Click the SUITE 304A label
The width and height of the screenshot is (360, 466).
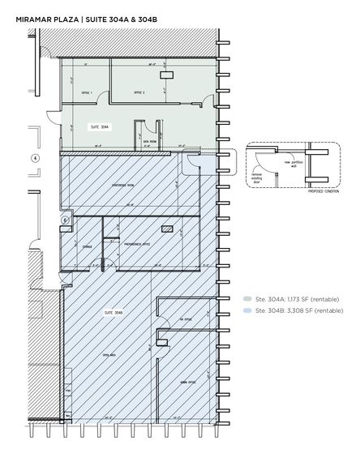tap(99, 127)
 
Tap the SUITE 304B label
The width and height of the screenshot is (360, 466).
tap(108, 311)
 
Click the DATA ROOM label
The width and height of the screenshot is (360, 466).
tap(150, 140)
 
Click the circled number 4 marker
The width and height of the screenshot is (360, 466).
tap(34, 157)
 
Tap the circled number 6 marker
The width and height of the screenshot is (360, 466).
tap(64, 220)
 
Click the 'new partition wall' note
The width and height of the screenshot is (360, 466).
tap(290, 163)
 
